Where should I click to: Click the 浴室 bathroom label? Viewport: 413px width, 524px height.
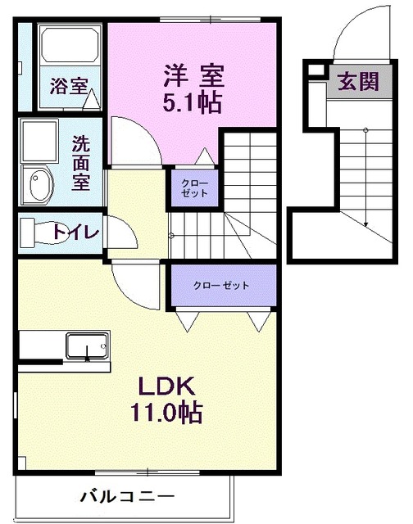[x=68, y=86]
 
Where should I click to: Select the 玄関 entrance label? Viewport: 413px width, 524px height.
[x=359, y=82]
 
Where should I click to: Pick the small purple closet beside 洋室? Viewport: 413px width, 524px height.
[x=194, y=188]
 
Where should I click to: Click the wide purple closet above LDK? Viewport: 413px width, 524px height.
[x=221, y=286]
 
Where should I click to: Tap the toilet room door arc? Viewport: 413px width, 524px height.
[x=123, y=232]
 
